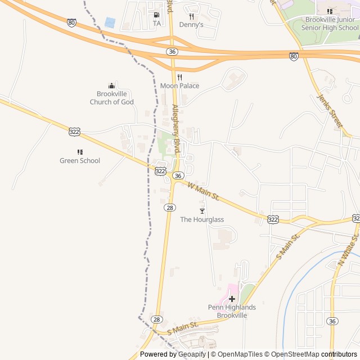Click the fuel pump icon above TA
156,15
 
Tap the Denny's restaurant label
191,25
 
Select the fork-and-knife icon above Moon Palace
179,77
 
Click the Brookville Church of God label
112,98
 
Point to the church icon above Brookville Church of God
111,85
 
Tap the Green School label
80,160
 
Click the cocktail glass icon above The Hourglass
202,211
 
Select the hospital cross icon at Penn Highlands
232,299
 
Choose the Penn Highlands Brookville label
232,311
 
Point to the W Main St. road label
203,192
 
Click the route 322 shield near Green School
74,131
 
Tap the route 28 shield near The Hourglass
170,208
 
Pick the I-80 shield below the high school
294,56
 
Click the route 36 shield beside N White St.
333,321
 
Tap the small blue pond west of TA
110,22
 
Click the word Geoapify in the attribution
192,354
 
